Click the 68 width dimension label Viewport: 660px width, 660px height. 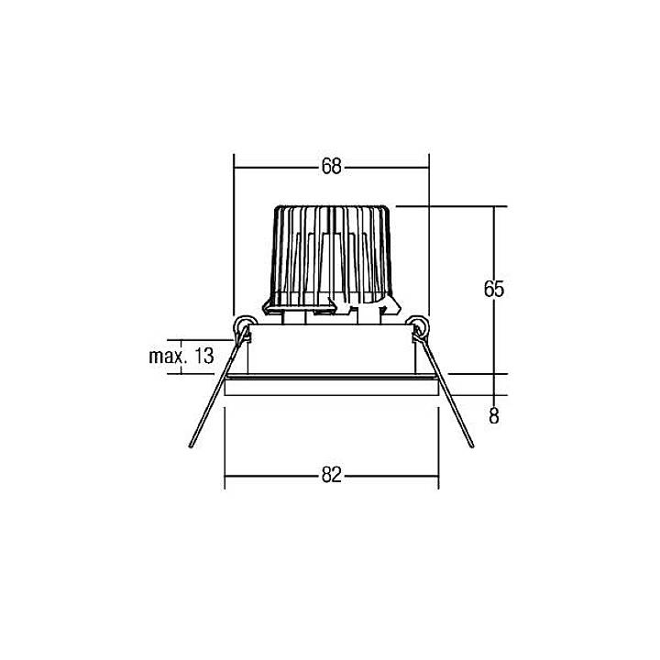click(331, 167)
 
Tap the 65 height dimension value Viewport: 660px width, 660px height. click(494, 289)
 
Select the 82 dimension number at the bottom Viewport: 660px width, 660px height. click(331, 475)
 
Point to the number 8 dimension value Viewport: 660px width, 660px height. click(494, 416)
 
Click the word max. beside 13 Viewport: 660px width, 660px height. click(168, 356)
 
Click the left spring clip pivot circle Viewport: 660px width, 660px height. click(245, 324)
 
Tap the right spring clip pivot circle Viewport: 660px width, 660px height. click(418, 324)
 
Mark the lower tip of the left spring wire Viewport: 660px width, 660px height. click(191, 446)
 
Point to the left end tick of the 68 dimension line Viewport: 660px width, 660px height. click(235, 167)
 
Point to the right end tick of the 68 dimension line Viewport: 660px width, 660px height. click(428, 167)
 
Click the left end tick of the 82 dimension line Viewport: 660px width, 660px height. click(225, 475)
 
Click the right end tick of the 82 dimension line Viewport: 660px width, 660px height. click(438, 475)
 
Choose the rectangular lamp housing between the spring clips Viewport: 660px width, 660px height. click(331, 353)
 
